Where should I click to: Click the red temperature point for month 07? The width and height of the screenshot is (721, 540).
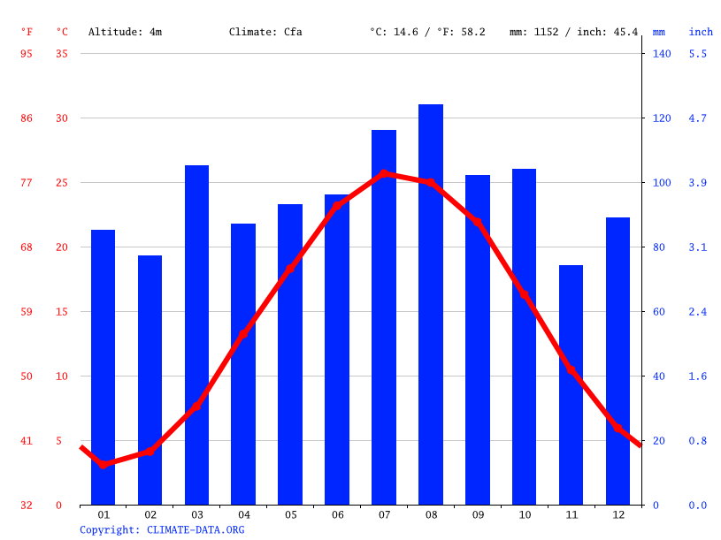point(384,173)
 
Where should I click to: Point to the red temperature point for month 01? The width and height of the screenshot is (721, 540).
point(104,464)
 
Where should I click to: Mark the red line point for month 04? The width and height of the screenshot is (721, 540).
point(243,334)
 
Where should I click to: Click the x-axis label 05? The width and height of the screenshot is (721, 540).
point(290,514)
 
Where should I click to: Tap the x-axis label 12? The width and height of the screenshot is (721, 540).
point(617,514)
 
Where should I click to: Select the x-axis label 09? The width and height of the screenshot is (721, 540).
point(478,514)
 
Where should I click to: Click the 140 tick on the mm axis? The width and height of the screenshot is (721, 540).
point(662,54)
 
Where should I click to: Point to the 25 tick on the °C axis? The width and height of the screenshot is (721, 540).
point(61,183)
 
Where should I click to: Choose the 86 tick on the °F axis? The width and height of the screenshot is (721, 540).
point(27,118)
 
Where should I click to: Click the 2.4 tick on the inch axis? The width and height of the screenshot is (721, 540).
point(698,312)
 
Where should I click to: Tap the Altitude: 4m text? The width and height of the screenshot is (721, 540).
point(125,32)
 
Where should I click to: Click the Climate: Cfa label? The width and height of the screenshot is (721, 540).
point(265,32)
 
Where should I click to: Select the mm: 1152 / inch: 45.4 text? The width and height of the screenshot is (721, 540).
point(573,32)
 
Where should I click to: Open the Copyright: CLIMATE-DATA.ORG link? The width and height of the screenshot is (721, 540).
point(162,530)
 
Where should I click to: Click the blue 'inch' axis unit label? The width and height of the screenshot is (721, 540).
point(701,32)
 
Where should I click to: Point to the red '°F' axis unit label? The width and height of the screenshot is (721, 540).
point(27,32)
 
